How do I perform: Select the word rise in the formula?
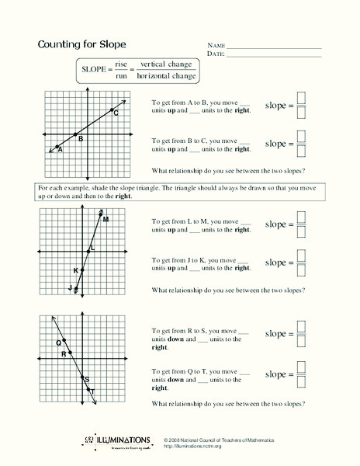tap(121, 64)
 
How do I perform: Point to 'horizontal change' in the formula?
tap(166, 76)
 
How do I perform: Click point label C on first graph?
tap(116, 114)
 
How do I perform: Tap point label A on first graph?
tap(59, 149)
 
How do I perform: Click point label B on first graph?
tap(80, 138)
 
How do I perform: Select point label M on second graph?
tap(106, 220)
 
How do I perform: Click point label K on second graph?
tap(75, 270)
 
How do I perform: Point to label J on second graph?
tap(71, 287)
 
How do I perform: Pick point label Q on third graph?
tap(58, 343)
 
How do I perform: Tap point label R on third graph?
tap(64, 353)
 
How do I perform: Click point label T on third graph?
tap(92, 391)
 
